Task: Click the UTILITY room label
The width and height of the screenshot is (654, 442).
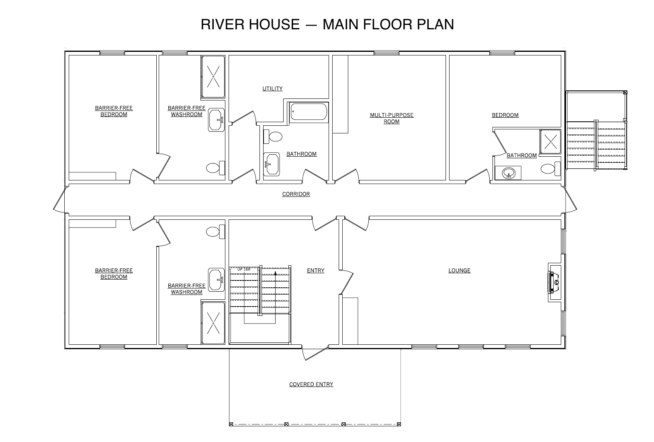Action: [272, 88]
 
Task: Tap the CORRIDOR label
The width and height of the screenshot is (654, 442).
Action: [296, 194]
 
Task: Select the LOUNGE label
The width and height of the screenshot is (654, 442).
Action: [459, 270]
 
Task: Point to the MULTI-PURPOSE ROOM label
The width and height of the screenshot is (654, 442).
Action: [391, 118]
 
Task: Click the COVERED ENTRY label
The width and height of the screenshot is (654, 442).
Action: [311, 384]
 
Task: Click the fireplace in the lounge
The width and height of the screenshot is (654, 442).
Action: [554, 282]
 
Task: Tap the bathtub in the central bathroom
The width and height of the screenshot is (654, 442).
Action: [309, 112]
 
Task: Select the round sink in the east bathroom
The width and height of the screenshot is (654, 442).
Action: [509, 174]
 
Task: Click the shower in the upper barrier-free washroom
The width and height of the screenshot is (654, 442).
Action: [213, 77]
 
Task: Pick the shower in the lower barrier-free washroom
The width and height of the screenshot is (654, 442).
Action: [213, 323]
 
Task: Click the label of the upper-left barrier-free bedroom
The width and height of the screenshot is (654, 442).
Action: [114, 111]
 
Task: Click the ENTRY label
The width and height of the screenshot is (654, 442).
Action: [315, 270]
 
